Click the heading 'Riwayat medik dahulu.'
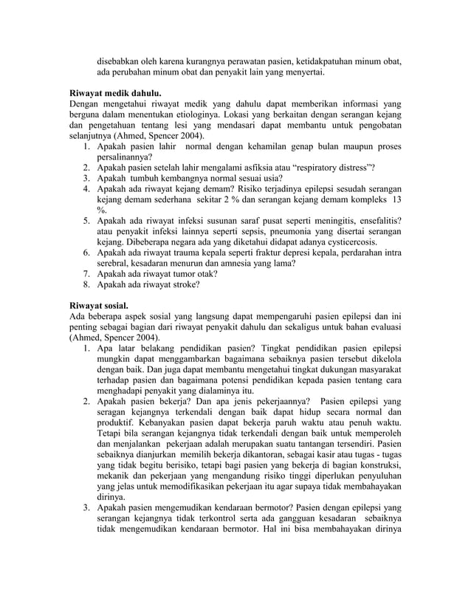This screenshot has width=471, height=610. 114,95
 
